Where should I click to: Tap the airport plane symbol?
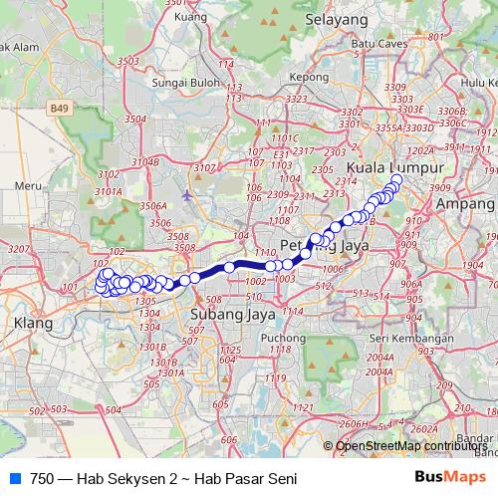[188, 194]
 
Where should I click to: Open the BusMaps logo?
[449, 477]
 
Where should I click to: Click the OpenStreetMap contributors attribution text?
[411, 445]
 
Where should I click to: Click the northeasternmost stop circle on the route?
[396, 180]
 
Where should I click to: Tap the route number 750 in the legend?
[43, 477]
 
